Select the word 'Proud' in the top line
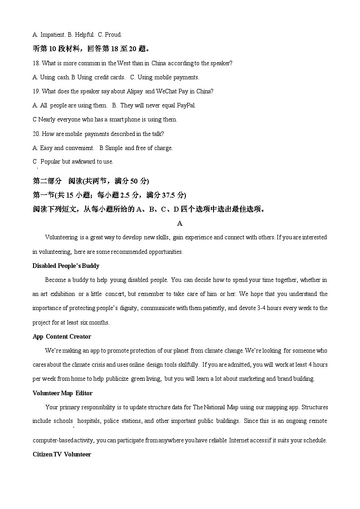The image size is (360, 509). click(x=114, y=34)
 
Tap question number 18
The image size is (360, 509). click(x=37, y=63)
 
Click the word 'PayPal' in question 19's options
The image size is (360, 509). click(x=186, y=105)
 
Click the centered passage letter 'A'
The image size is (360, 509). click(x=180, y=223)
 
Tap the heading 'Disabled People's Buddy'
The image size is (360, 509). click(x=66, y=266)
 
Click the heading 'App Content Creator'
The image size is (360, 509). click(x=62, y=336)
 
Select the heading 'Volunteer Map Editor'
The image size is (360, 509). click(x=62, y=393)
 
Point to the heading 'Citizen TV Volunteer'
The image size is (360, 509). click(x=62, y=454)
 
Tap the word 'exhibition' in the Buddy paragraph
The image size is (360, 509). click(x=63, y=294)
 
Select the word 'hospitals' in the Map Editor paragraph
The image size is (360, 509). click(x=88, y=421)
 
